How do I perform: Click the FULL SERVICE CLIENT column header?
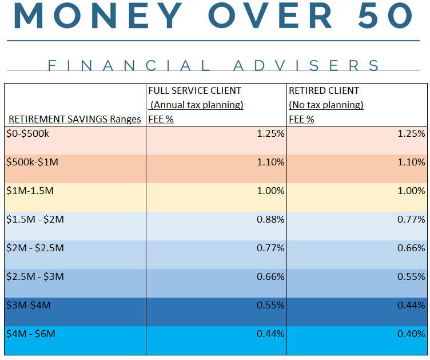point(194,90)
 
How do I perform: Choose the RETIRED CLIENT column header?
point(324,90)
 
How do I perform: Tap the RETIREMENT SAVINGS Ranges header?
point(74,119)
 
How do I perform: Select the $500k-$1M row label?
point(32,162)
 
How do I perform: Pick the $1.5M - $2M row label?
point(35,219)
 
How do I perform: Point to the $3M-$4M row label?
point(28,305)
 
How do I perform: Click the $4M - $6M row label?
point(31,334)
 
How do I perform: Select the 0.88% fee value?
point(270,219)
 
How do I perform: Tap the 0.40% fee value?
point(411,334)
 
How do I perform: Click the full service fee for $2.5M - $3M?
point(270,276)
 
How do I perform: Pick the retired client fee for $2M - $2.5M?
point(411,248)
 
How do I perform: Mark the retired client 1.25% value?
point(411,133)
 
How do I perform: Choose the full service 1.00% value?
point(270,191)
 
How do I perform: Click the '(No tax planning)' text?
point(326,105)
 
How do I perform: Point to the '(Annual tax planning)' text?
point(196,105)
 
